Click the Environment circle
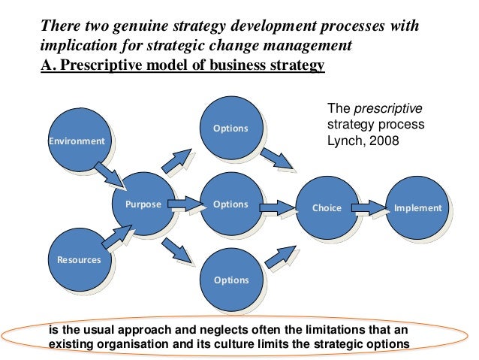(77, 140)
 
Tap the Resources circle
(78, 259)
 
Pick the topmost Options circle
(230, 128)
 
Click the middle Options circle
(230, 204)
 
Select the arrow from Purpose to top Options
(179, 159)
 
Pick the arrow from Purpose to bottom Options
(179, 250)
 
